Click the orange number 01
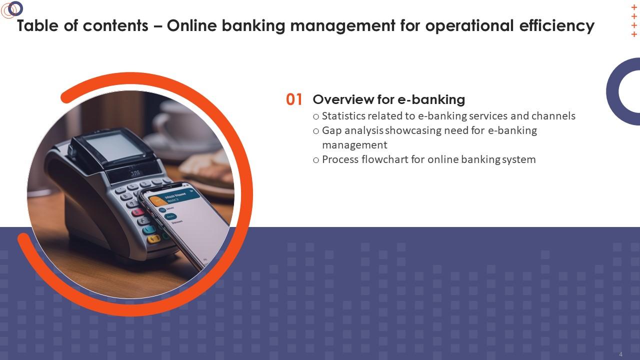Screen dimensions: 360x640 (x=294, y=99)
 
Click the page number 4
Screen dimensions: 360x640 (x=620, y=354)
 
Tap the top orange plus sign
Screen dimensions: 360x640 (x=634, y=7)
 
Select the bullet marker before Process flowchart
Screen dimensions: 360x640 (x=316, y=160)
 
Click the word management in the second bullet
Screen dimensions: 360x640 (x=354, y=145)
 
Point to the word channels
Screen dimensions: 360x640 (x=553, y=116)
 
